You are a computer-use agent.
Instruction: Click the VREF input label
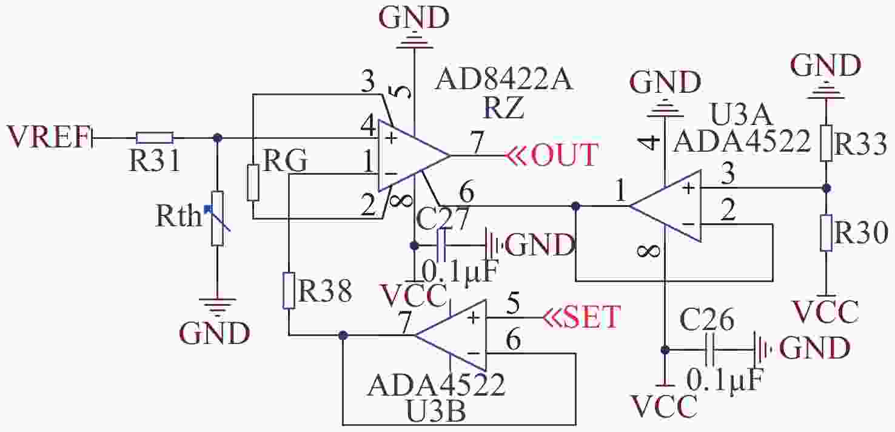47,137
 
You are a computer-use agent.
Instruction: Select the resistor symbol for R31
155,138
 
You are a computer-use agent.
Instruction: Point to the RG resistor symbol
253,182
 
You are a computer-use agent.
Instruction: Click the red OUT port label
565,155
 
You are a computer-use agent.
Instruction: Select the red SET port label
591,317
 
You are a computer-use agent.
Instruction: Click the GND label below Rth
215,333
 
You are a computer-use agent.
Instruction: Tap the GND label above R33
826,64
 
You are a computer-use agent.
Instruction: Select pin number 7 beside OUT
477,143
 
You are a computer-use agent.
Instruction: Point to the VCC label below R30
826,312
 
